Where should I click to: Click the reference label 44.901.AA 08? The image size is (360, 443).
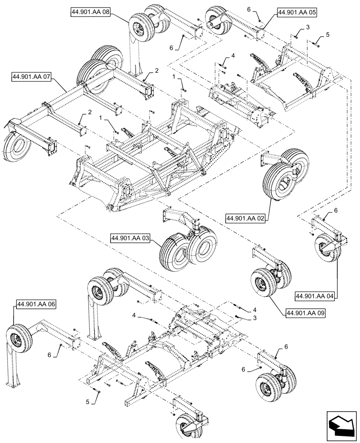[x=90, y=12]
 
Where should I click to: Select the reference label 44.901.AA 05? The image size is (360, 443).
[x=297, y=13]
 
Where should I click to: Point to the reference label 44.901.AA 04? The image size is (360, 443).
[x=315, y=295]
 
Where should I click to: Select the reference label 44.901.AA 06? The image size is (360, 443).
[x=37, y=304]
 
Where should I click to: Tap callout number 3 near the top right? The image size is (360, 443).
[x=306, y=28]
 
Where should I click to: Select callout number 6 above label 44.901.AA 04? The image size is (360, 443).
[x=336, y=210]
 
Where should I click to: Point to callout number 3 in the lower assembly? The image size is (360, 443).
[x=254, y=319]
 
